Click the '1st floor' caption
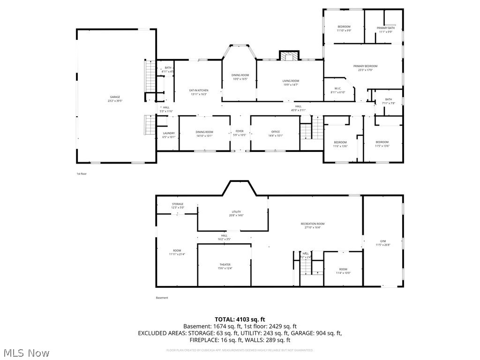pos(82,174)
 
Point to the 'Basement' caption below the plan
pos(162,298)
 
